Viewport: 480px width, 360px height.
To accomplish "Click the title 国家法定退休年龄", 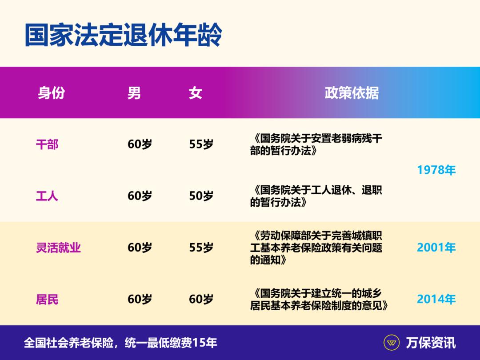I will pos(123,36).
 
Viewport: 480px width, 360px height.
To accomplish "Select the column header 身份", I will pos(51,93).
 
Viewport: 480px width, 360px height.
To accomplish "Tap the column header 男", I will pos(134,93).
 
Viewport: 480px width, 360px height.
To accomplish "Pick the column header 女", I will pos(195,93).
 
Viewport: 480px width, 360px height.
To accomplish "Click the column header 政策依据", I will pos(352,93).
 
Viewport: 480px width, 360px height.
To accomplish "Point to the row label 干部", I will pos(47,144).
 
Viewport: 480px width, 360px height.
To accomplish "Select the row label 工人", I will pos(47,196).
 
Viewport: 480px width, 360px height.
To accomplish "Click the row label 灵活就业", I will pos(58,248).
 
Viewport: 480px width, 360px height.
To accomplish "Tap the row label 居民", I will pos(47,300).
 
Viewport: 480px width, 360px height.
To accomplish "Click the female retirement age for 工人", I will pos(201,196).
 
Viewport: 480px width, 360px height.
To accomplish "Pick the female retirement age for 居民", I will pos(201,300).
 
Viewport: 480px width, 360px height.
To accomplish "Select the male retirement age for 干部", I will pos(140,144).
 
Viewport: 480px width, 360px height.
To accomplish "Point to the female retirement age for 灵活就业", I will pos(201,248).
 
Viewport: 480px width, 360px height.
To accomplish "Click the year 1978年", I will pos(436,170).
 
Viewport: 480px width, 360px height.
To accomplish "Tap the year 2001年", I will pos(436,248).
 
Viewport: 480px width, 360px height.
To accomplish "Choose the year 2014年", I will pos(436,300).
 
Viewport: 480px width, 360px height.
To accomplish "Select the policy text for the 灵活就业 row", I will pos(316,248).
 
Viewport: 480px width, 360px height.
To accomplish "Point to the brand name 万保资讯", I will pos(431,343).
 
